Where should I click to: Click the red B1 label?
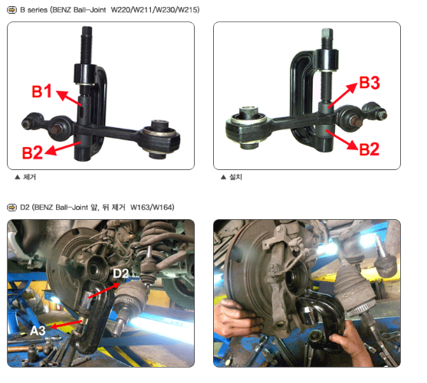coord(41,91)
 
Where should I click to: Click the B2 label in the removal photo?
coord(32,152)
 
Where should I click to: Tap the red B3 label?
coord(370,83)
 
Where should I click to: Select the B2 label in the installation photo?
coord(370,149)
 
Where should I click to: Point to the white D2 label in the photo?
coord(120,273)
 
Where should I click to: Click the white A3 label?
coord(38,331)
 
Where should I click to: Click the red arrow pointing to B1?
coord(69,98)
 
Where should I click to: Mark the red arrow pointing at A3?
coord(66,324)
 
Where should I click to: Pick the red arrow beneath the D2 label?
coord(104,290)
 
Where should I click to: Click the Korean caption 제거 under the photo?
coord(29,177)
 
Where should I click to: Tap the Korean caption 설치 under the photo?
coord(235,177)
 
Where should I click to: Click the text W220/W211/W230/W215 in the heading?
coord(155,10)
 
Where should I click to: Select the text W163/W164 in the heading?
coord(152,208)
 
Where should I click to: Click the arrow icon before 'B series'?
coord(11,10)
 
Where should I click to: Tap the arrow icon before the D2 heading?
coord(11,208)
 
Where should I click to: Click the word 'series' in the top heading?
coord(38,10)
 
